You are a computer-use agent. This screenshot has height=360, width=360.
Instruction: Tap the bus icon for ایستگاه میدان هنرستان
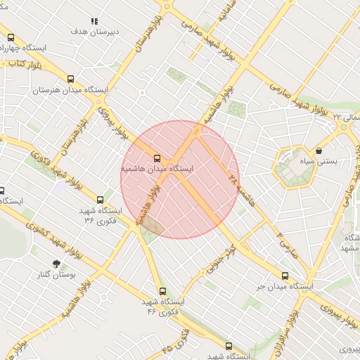72,79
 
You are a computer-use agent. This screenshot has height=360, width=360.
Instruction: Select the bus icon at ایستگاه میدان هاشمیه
157,158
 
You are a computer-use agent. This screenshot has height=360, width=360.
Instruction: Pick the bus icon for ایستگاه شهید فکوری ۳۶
100,200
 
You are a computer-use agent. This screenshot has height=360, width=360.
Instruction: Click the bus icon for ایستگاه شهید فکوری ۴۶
163,291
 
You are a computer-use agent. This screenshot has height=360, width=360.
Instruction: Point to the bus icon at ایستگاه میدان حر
285,276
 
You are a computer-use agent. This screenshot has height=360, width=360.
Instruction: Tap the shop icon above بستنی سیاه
319,150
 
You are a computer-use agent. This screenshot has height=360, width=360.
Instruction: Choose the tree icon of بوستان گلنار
57,264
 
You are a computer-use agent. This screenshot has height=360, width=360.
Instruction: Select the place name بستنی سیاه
337,161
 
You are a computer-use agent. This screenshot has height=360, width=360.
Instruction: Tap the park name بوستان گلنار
56,275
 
